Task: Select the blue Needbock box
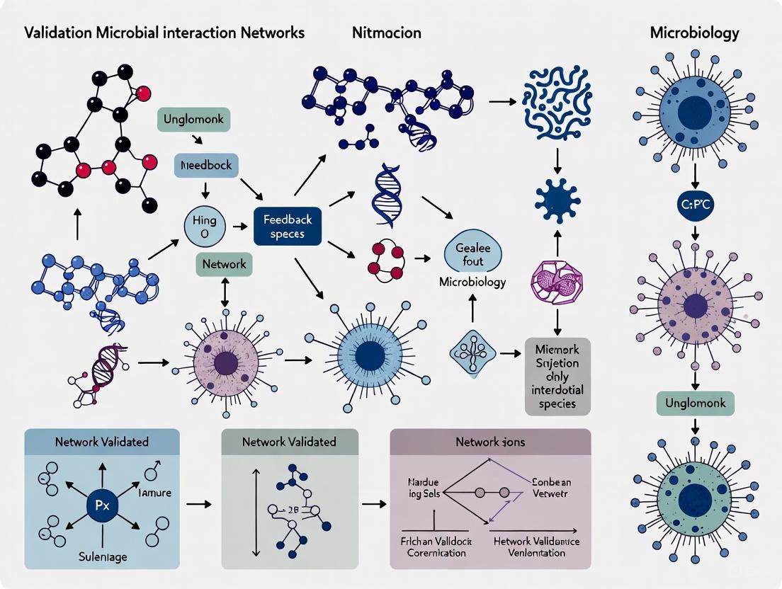click(x=206, y=165)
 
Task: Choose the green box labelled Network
click(x=225, y=263)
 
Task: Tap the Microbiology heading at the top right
click(x=694, y=33)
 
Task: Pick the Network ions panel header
click(x=490, y=441)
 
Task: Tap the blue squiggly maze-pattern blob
click(x=556, y=106)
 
